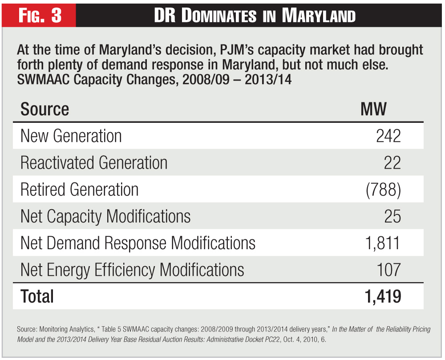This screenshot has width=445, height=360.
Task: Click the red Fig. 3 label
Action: (x=40, y=16)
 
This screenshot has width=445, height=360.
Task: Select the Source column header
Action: (x=44, y=109)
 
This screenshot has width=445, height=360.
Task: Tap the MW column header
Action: (x=374, y=109)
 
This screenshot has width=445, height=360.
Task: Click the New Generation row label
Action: (x=71, y=136)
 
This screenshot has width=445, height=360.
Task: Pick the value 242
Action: (x=388, y=136)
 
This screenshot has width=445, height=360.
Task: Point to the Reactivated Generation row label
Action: (x=94, y=163)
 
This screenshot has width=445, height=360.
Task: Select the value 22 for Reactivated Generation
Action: (x=392, y=163)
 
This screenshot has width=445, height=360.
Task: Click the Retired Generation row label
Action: (x=80, y=190)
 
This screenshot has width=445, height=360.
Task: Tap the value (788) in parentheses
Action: (x=383, y=190)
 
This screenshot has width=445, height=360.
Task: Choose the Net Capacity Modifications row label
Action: (x=105, y=217)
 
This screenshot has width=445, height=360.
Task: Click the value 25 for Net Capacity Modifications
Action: (x=392, y=217)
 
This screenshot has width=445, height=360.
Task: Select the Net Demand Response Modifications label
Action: (x=138, y=243)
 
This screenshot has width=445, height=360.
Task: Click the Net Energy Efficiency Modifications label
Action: (x=132, y=270)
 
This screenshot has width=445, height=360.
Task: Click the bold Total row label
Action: (x=37, y=296)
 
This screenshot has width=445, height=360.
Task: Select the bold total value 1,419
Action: (x=381, y=296)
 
